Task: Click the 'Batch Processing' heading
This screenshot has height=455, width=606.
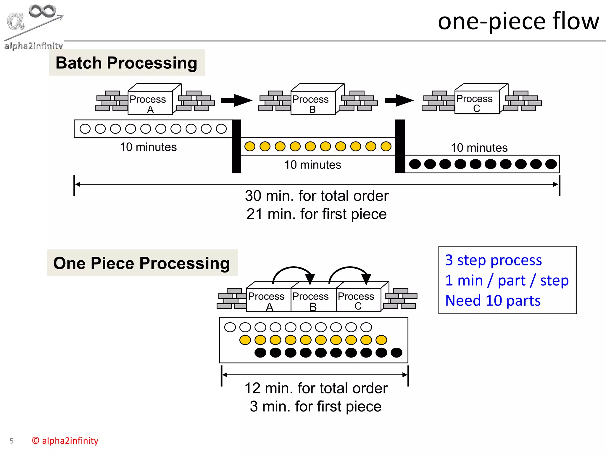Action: (x=127, y=63)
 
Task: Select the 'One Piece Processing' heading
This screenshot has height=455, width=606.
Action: (x=142, y=263)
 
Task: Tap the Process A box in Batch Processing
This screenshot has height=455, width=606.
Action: (x=150, y=102)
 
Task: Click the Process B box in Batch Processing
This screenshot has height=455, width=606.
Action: (x=313, y=102)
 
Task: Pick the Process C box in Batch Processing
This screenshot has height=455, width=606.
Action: (x=477, y=102)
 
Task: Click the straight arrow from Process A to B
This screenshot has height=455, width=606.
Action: (x=236, y=100)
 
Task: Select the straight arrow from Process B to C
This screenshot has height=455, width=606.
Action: (x=399, y=100)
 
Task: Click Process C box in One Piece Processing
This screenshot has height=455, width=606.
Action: (x=358, y=300)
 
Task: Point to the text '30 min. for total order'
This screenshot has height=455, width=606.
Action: (x=316, y=196)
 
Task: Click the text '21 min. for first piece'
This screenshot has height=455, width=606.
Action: (x=316, y=214)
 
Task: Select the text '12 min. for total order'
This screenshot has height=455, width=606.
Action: (x=316, y=388)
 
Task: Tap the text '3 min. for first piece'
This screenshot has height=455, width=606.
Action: (x=315, y=406)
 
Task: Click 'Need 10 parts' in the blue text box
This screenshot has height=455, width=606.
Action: (x=493, y=300)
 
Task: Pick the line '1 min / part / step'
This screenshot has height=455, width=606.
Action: (x=507, y=280)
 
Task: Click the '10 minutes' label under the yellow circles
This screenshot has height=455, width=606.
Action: (x=312, y=165)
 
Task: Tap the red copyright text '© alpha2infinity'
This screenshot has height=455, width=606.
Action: (x=65, y=440)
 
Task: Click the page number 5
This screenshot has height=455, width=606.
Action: (x=12, y=441)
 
